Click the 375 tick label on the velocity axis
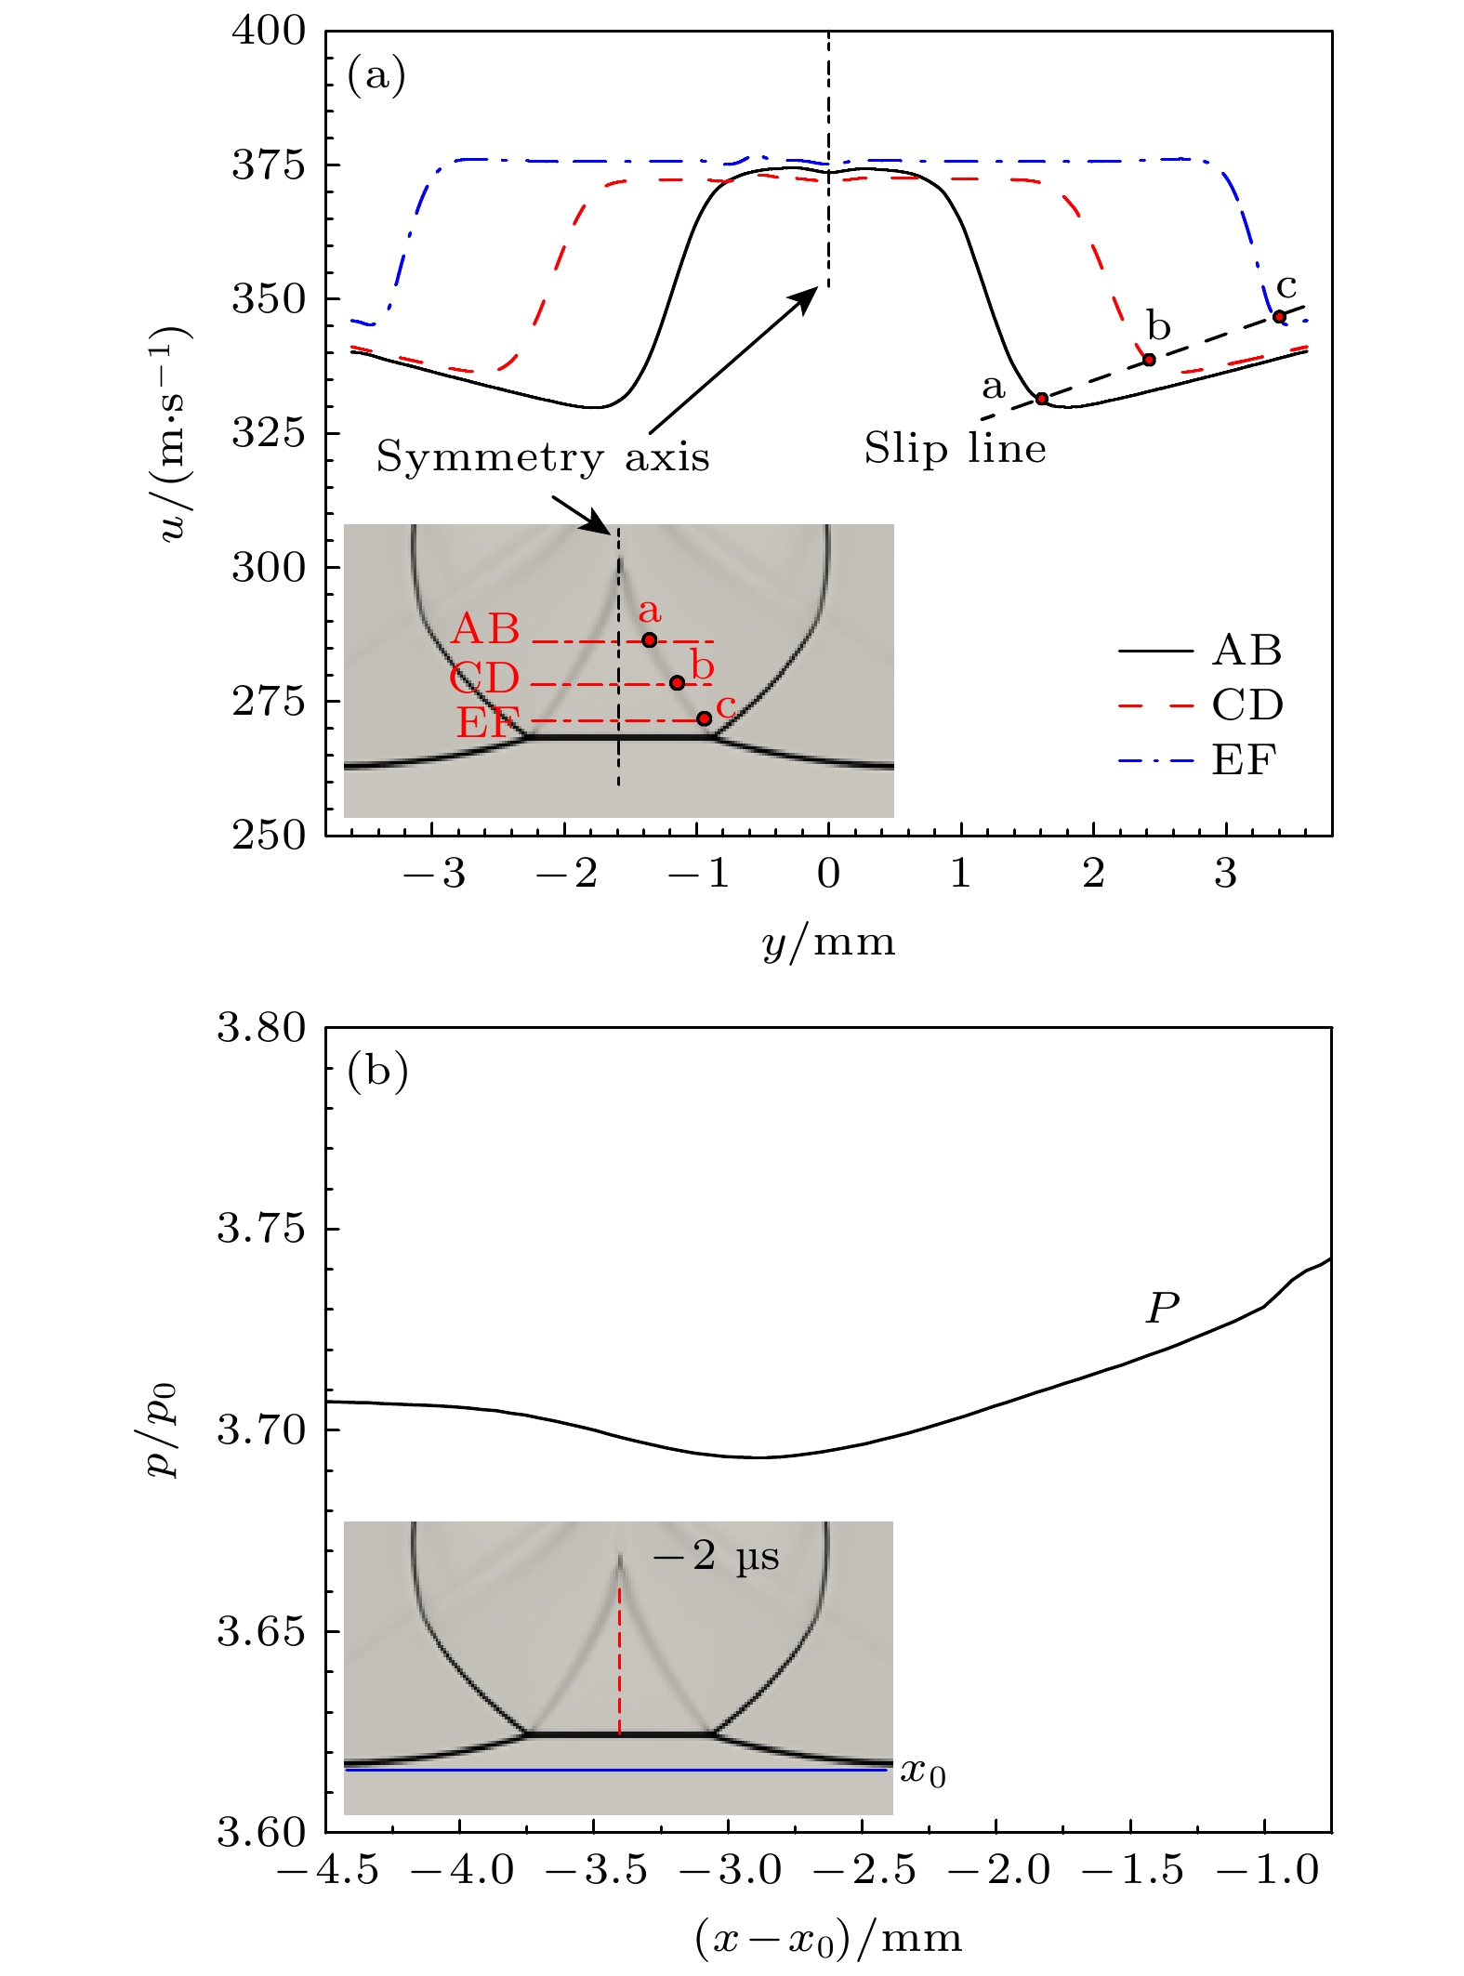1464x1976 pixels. pyautogui.click(x=268, y=165)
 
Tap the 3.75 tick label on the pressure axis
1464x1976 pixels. pyautogui.click(x=260, y=1229)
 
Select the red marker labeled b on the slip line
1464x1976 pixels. pyautogui.click(x=1149, y=360)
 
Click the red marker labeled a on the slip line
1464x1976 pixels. pyautogui.click(x=1042, y=399)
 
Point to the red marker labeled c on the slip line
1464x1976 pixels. pyautogui.click(x=1279, y=317)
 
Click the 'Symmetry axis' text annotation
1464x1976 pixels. pyautogui.click(x=543, y=457)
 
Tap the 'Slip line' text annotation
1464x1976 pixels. pyautogui.click(x=955, y=449)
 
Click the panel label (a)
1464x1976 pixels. pyautogui.click(x=376, y=75)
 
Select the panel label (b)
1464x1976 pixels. pyautogui.click(x=377, y=1072)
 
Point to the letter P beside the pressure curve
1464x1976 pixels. pyautogui.click(x=1162, y=1308)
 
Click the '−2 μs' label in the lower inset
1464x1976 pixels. pyautogui.click(x=716, y=1557)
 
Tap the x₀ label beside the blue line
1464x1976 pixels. pyautogui.click(x=922, y=1772)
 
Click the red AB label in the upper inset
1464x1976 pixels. pyautogui.click(x=485, y=629)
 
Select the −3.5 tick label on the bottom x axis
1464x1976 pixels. pyautogui.click(x=594, y=1870)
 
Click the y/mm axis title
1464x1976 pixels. pyautogui.click(x=828, y=942)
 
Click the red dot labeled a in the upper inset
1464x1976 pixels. pyautogui.click(x=649, y=639)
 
